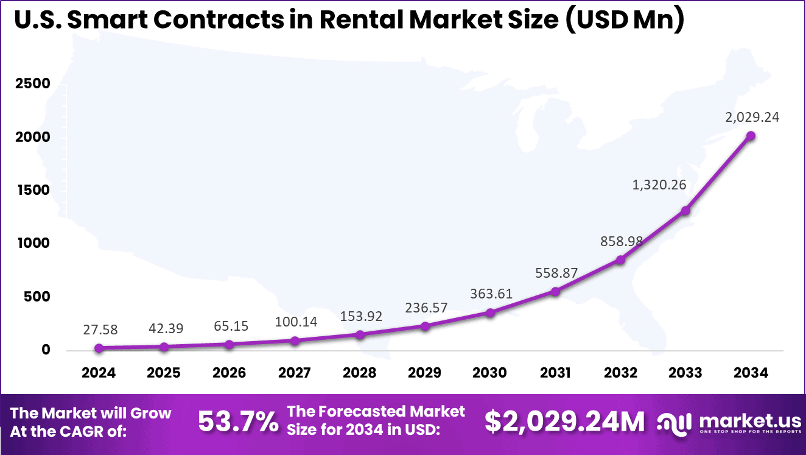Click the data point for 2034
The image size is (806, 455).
751,136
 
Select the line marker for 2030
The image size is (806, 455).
490,312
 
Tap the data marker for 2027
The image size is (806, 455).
295,341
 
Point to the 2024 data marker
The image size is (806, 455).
99,348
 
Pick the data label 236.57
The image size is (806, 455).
426,308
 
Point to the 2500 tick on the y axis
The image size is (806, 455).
32,83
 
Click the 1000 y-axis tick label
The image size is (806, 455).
32,244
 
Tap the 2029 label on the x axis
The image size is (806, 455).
425,372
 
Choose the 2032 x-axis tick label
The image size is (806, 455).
620,372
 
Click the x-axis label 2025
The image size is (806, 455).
164,372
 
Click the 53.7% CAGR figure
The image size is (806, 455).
238,421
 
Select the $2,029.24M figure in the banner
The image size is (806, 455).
564,421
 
